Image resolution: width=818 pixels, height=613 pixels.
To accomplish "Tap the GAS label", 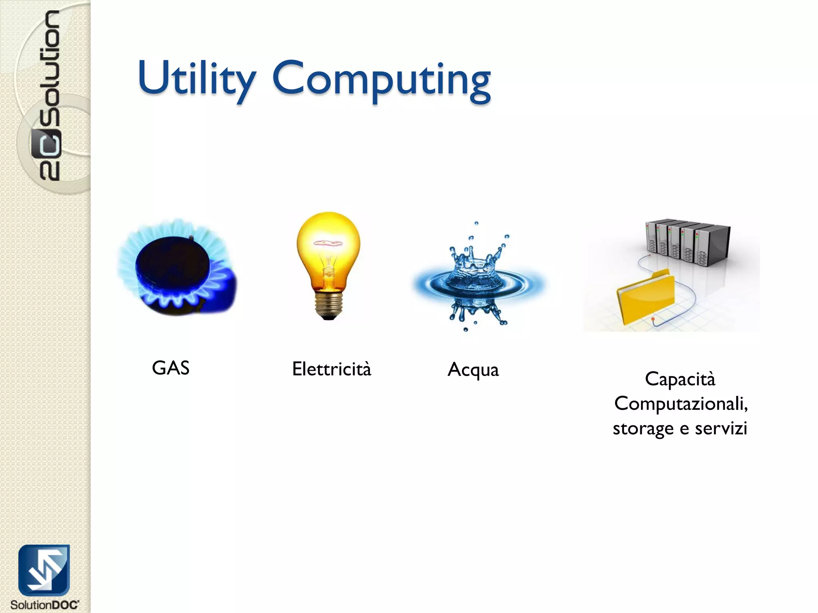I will [171, 368].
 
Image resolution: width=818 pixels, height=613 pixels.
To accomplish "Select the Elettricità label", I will [332, 369].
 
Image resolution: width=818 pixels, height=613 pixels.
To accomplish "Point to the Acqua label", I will [473, 370].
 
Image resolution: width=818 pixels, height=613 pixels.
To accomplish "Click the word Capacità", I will [680, 379].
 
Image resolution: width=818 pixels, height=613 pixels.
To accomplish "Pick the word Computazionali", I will [681, 403].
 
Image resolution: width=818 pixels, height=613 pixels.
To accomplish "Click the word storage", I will [643, 429].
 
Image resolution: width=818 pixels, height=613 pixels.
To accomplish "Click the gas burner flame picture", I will [177, 267].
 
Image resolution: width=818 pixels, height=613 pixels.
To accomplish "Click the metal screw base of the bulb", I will [328, 305].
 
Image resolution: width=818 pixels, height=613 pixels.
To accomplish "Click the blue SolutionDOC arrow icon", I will [44, 570].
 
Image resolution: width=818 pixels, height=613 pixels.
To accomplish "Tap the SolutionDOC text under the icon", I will [44, 605].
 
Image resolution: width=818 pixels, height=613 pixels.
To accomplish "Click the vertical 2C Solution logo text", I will [50, 96].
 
